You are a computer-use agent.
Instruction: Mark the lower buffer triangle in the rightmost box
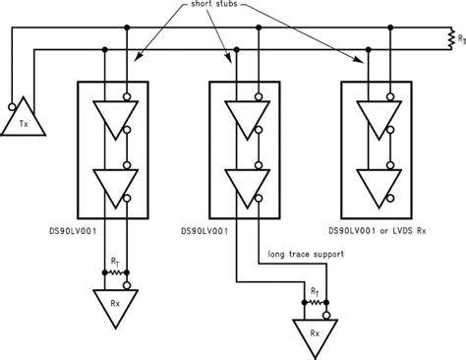point(374,180)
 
